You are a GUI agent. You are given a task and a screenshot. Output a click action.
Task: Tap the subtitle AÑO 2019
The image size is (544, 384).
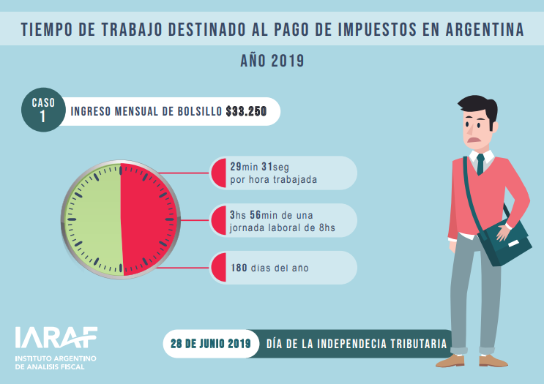272,61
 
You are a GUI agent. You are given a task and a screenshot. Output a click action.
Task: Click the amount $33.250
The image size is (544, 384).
246,112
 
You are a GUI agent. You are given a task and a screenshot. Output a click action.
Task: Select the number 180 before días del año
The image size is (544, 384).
238,268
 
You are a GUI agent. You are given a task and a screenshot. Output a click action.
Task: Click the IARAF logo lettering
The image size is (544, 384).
56,337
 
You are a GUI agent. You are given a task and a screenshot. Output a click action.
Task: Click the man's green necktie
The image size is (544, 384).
480,164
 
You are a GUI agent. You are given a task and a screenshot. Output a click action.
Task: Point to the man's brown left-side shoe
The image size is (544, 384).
450,360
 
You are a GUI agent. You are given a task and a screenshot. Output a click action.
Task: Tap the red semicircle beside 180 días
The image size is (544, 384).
218,268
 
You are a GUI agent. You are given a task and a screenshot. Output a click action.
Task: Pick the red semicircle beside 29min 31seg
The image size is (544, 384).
218,173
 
